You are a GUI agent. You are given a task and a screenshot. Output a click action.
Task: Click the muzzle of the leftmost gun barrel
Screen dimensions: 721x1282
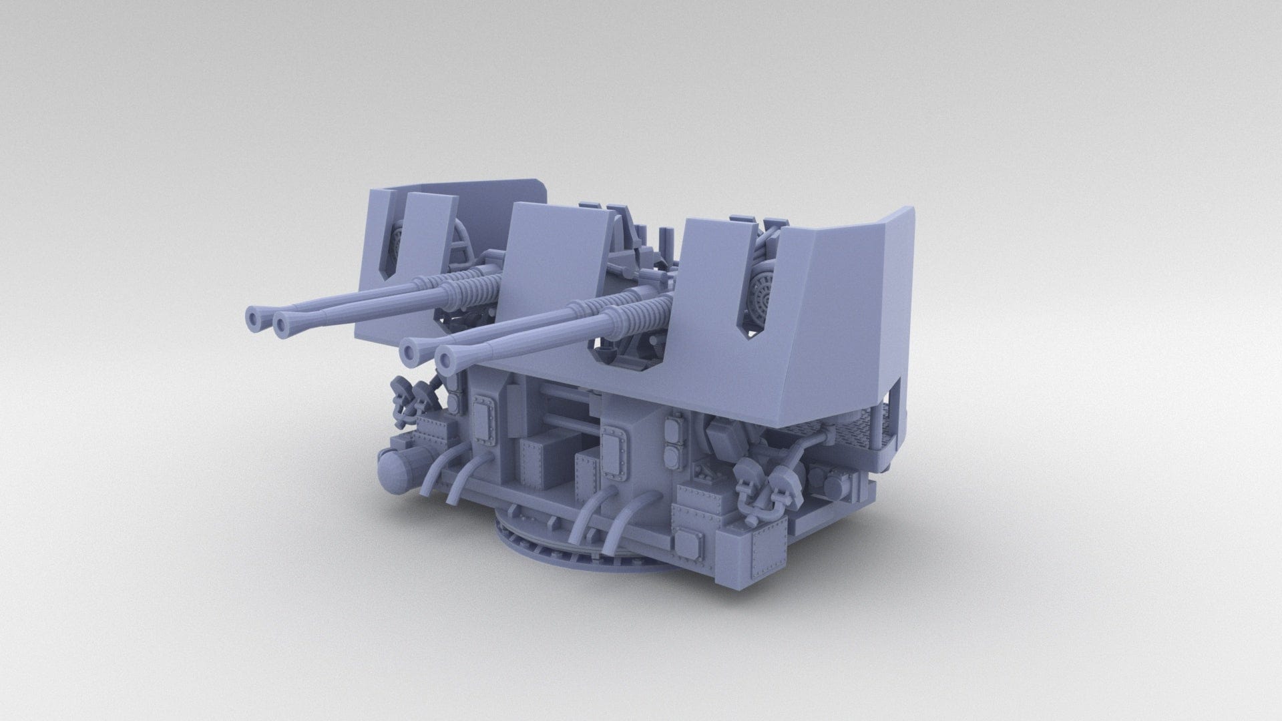pyautogui.click(x=256, y=316)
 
